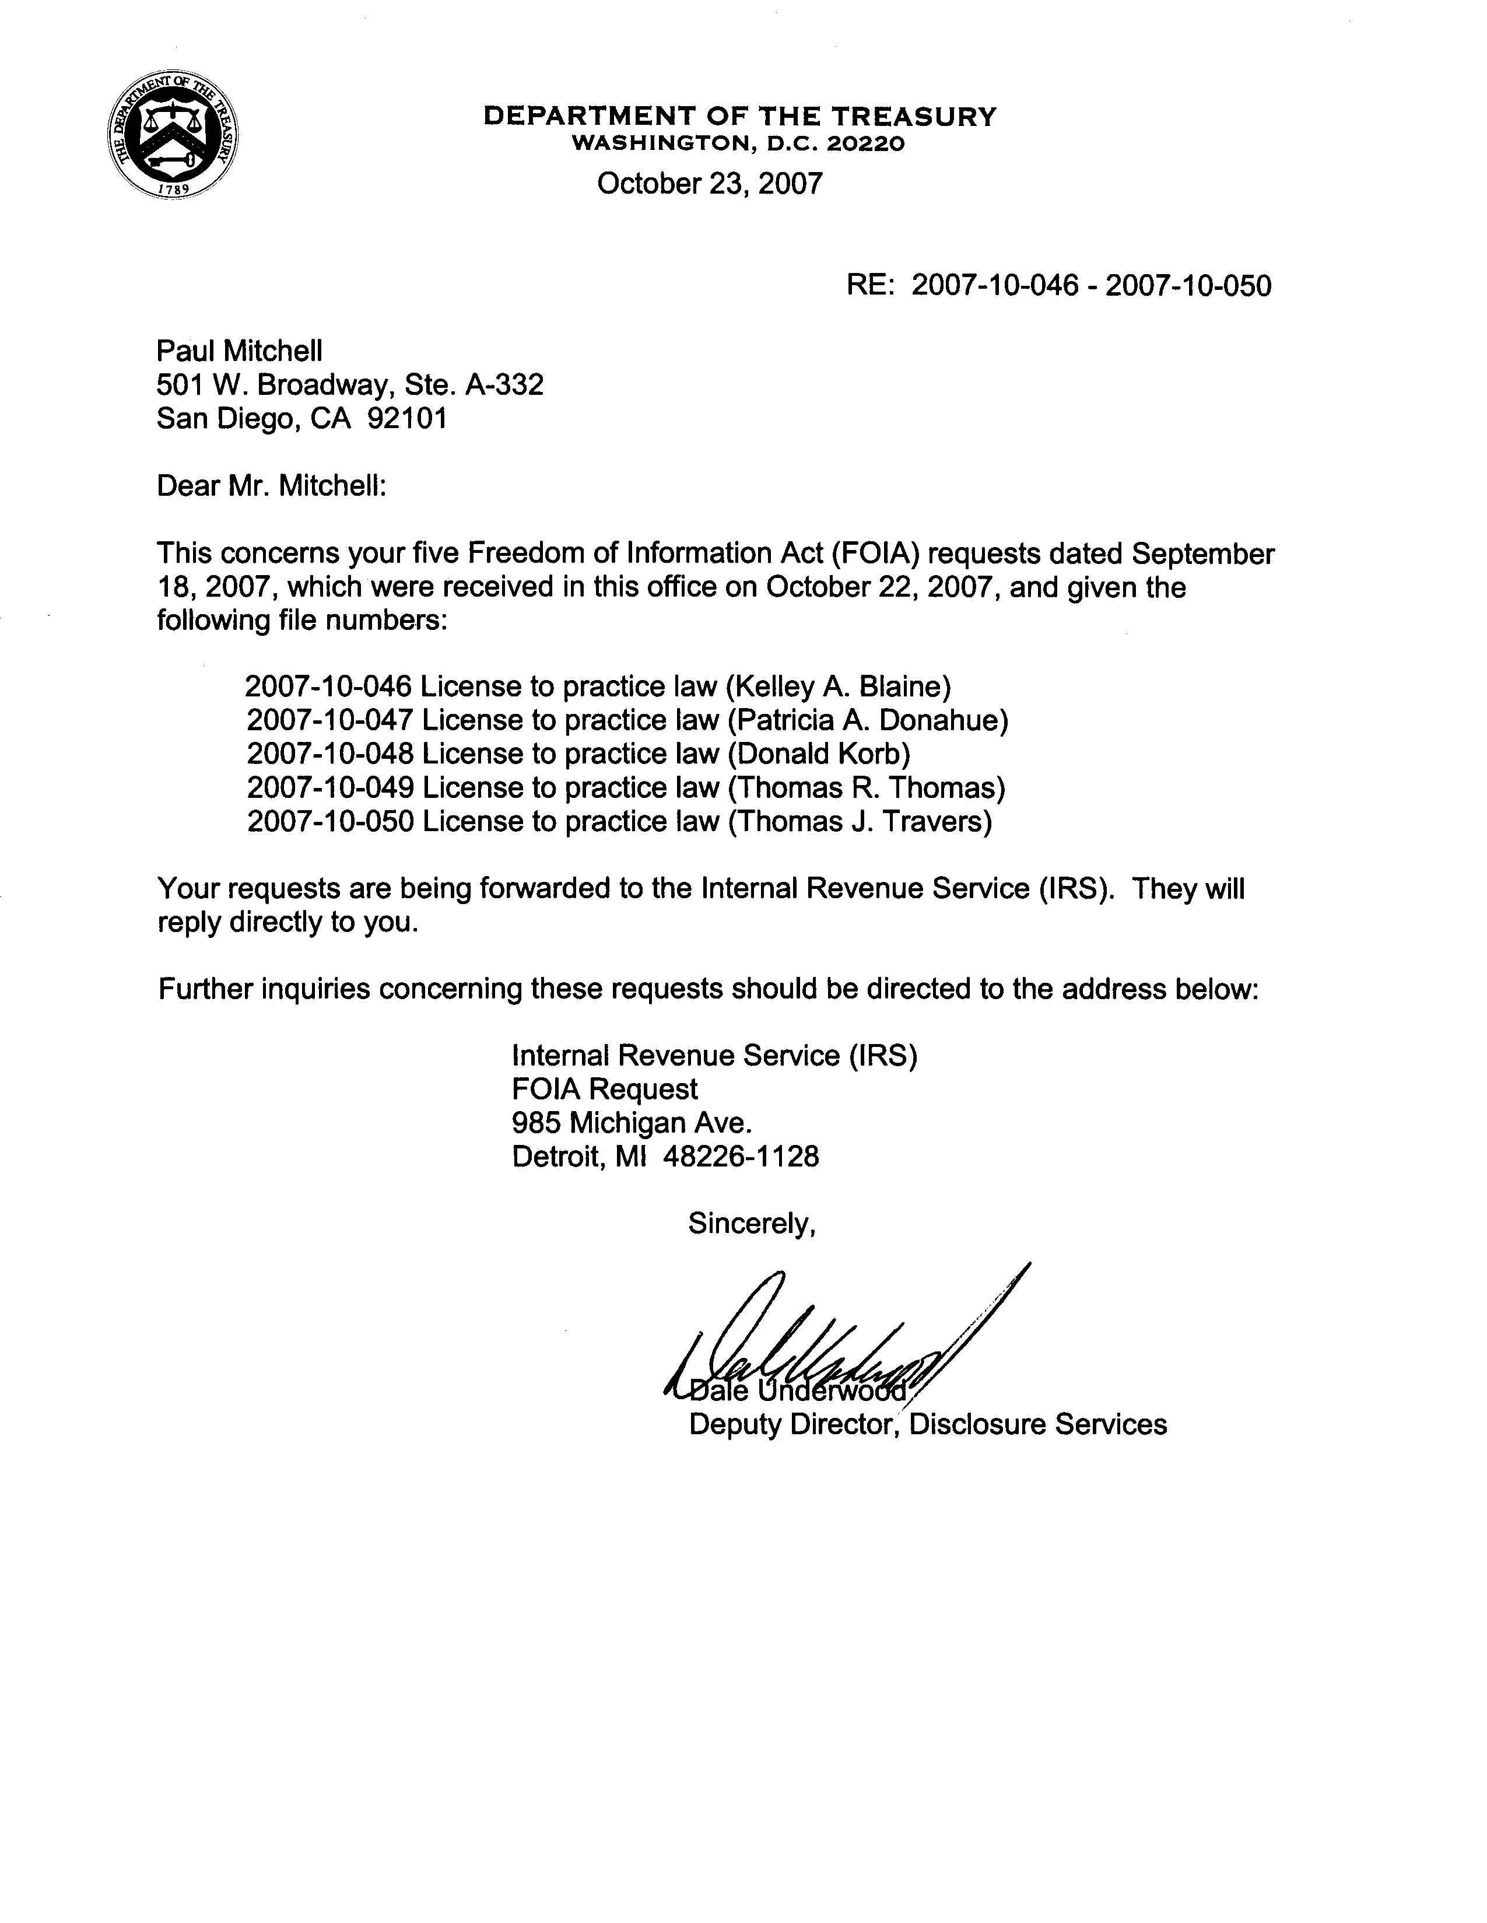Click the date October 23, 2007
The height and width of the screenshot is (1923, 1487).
point(710,183)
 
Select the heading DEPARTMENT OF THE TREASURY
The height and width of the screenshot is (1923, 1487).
point(739,116)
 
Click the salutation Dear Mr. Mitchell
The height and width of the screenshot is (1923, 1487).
point(271,485)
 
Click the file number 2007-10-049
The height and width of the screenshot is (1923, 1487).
point(330,787)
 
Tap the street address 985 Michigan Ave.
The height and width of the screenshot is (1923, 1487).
point(632,1123)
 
